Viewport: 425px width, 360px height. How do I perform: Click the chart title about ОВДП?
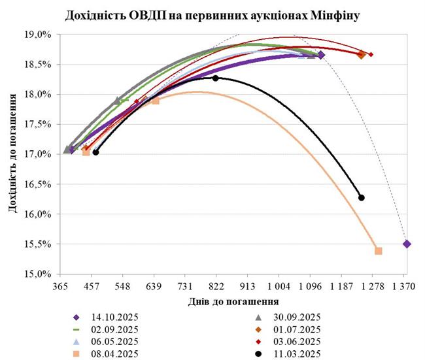pyautogui.click(x=212, y=14)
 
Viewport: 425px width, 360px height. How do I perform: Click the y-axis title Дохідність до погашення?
pyautogui.click(x=13, y=154)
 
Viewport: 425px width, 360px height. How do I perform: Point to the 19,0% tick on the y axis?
pyautogui.click(x=38, y=35)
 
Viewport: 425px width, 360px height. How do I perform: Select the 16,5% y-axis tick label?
pyautogui.click(x=38, y=184)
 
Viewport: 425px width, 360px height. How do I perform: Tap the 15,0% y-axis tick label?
pyautogui.click(x=38, y=274)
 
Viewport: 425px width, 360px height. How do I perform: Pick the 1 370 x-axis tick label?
pyautogui.click(x=404, y=286)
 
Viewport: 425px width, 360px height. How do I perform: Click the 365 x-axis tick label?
pyautogui.click(x=60, y=286)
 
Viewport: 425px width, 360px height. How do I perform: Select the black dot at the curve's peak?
pyautogui.click(x=216, y=78)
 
